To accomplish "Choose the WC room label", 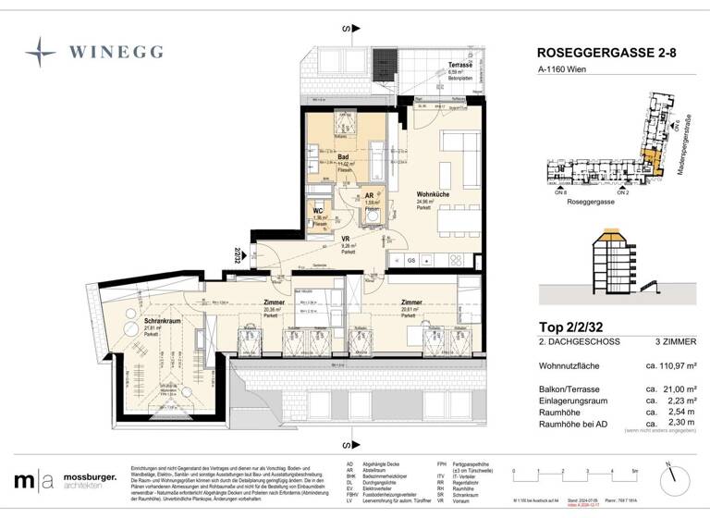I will (x=319, y=209).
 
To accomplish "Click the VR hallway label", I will (x=346, y=239).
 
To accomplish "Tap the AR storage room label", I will (x=370, y=196).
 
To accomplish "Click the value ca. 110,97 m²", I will (x=670, y=367).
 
